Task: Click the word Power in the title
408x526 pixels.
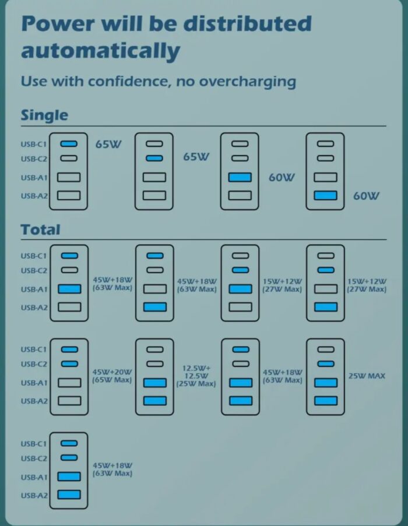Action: tap(58, 23)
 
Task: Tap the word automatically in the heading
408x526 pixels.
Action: tap(101, 51)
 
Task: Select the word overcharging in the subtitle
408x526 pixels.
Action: tap(247, 82)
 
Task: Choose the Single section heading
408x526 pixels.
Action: tap(44, 115)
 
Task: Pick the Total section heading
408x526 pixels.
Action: tap(40, 230)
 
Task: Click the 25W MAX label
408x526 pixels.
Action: tap(367, 376)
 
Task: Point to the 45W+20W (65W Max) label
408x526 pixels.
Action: tap(112, 376)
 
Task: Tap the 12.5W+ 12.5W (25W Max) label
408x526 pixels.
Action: tap(196, 376)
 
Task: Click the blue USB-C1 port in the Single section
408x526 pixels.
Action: tap(69, 143)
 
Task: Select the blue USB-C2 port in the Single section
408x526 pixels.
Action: tap(154, 158)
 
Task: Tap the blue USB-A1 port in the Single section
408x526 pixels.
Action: tap(240, 177)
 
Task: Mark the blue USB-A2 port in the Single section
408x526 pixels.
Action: tap(325, 196)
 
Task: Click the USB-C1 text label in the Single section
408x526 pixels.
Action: tap(34, 144)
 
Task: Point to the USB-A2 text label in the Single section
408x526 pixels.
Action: tap(34, 196)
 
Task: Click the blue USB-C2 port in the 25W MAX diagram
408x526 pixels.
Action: tap(326, 363)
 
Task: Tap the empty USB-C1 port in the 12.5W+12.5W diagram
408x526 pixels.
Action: tap(154, 350)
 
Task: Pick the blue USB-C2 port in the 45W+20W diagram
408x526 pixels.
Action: tap(69, 363)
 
